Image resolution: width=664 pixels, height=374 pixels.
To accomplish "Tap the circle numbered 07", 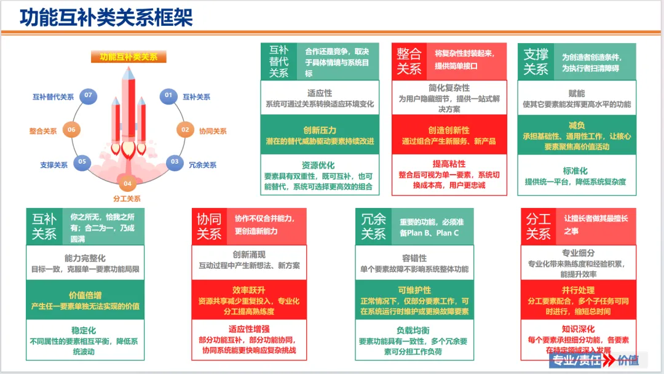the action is click(x=89, y=95).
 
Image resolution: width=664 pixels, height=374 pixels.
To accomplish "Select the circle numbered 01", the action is click(x=167, y=95).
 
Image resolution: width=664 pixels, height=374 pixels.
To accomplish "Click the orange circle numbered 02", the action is click(x=184, y=130).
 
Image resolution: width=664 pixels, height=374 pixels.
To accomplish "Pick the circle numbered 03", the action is click(x=175, y=162).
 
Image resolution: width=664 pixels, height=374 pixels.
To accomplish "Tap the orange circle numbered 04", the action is click(x=127, y=183).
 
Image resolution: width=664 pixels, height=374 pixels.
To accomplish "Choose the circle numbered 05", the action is click(x=82, y=162).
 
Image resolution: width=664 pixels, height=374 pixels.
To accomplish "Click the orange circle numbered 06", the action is click(x=72, y=129).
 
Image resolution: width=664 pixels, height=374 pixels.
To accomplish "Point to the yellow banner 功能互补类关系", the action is click(x=129, y=57).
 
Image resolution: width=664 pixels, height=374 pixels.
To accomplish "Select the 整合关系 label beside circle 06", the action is click(x=43, y=131).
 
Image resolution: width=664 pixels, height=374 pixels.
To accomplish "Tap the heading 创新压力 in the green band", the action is click(x=320, y=130).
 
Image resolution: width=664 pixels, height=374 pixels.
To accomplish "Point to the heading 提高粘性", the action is click(x=449, y=164).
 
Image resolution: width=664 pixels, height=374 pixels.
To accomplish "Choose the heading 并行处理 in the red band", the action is click(x=577, y=290).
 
